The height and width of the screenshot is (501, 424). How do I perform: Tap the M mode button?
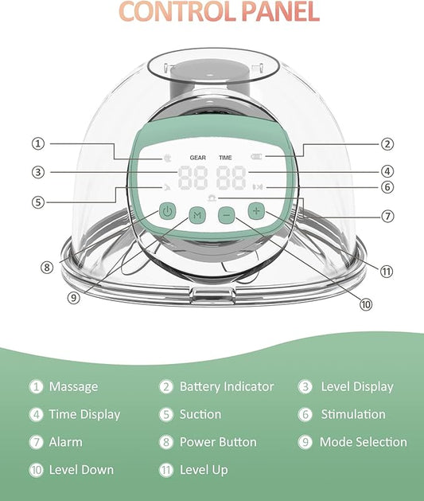(197, 215)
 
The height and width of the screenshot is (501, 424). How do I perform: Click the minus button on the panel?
(226, 215)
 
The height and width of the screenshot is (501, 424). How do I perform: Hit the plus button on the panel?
(256, 211)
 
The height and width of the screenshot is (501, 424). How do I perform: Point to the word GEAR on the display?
(198, 158)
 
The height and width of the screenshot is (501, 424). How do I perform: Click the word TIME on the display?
(225, 158)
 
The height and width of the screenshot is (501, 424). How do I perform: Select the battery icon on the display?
(256, 157)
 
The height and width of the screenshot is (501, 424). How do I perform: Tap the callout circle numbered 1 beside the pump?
(38, 143)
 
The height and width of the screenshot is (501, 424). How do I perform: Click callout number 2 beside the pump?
(387, 144)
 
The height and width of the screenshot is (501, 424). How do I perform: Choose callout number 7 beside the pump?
(387, 217)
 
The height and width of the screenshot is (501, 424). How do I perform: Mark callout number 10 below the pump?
(366, 304)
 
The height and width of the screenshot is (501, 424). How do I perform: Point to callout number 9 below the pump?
(73, 298)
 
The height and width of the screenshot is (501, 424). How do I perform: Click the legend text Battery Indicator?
(227, 386)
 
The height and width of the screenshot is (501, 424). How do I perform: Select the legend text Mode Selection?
(364, 442)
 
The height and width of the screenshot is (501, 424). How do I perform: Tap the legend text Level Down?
(81, 470)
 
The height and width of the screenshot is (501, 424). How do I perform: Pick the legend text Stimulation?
(353, 414)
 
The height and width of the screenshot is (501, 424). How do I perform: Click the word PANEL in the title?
(281, 12)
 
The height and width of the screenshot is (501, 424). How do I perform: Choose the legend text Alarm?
(66, 442)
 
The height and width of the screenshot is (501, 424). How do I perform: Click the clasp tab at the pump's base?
(213, 294)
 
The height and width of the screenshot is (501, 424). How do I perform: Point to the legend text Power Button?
(218, 442)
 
